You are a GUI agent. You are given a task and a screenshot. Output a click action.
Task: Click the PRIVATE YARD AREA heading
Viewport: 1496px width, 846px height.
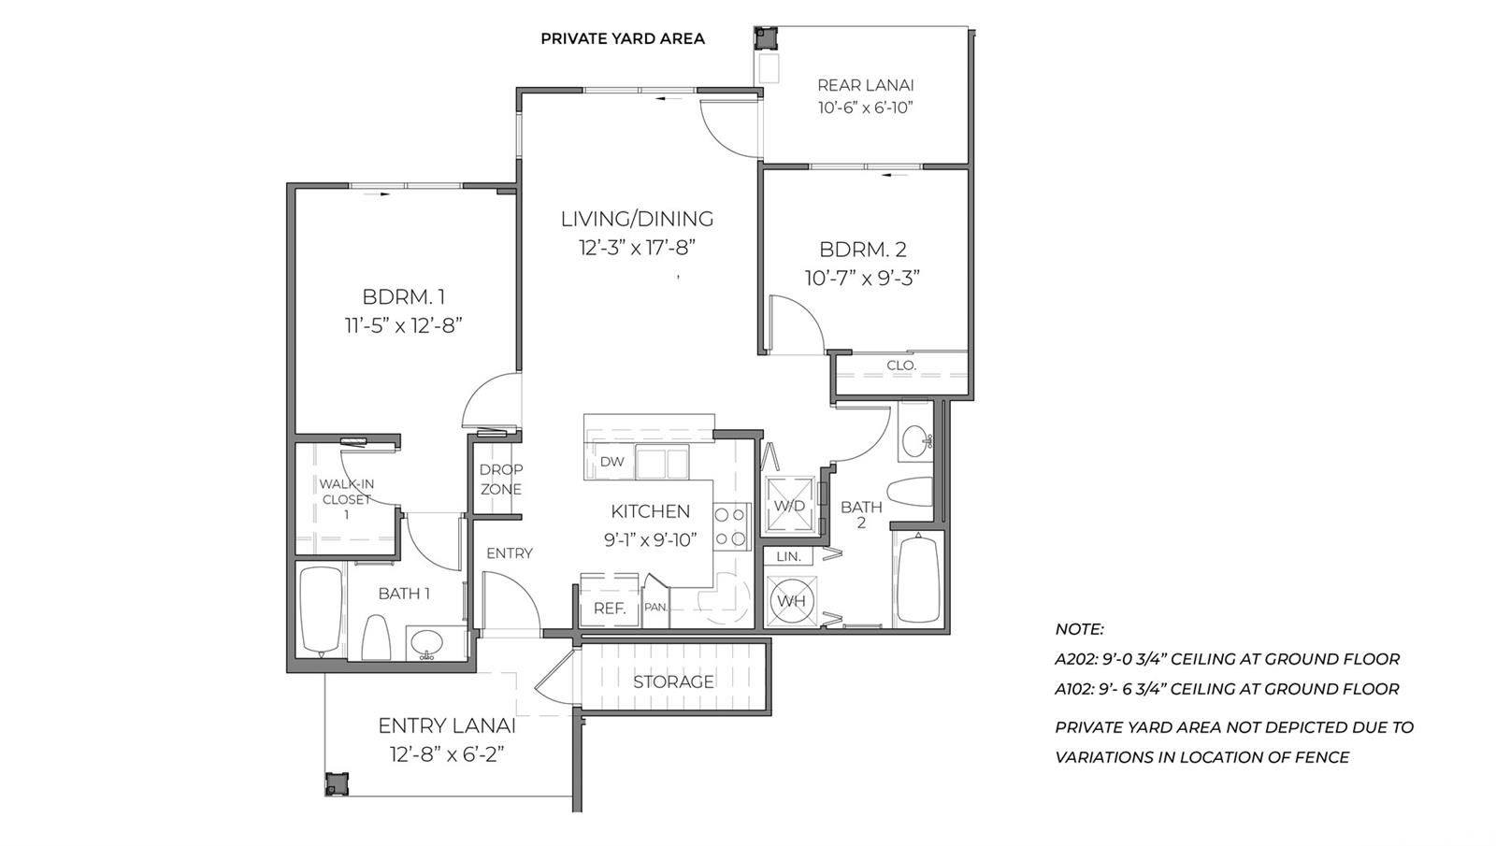pyautogui.click(x=623, y=38)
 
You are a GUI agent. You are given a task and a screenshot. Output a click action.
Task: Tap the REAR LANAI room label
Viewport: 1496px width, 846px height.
pyautogui.click(x=866, y=85)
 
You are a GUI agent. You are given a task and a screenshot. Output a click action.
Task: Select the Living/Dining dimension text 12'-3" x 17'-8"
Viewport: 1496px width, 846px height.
pyautogui.click(x=637, y=249)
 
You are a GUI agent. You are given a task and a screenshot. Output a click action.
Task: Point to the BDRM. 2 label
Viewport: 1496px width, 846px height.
pyautogui.click(x=863, y=250)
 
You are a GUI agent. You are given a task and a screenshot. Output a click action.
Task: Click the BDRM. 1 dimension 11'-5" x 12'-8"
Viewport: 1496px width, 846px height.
pyautogui.click(x=404, y=326)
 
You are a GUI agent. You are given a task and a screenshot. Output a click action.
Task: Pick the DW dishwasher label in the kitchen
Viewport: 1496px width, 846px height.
pyautogui.click(x=611, y=462)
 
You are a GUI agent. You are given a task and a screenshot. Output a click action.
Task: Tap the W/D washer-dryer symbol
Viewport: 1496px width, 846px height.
pyautogui.click(x=789, y=506)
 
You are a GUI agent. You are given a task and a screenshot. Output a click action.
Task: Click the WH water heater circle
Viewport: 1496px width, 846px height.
pyautogui.click(x=791, y=601)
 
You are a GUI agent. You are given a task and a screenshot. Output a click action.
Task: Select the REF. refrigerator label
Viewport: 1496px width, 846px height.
pyautogui.click(x=610, y=609)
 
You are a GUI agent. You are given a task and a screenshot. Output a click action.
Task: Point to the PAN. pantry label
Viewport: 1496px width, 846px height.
pyautogui.click(x=655, y=608)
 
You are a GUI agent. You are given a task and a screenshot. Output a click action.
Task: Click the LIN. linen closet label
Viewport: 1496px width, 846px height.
pyautogui.click(x=789, y=556)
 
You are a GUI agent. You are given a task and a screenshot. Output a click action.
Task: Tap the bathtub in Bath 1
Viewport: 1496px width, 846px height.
pyautogui.click(x=322, y=611)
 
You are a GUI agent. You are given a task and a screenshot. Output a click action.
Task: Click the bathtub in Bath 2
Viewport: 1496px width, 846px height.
pyautogui.click(x=919, y=580)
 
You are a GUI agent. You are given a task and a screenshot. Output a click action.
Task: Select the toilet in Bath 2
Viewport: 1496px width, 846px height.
pyautogui.click(x=911, y=492)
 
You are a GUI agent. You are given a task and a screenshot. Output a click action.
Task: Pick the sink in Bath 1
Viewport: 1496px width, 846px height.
pyautogui.click(x=426, y=644)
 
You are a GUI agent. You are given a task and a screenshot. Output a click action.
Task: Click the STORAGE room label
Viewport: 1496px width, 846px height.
pyautogui.click(x=673, y=681)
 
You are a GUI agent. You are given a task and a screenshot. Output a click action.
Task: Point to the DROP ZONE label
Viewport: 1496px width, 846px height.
pyautogui.click(x=501, y=480)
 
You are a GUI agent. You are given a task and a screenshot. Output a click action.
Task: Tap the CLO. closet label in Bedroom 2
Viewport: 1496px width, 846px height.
pyautogui.click(x=901, y=366)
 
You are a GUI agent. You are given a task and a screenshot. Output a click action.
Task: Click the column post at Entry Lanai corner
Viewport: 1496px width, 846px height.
pyautogui.click(x=337, y=784)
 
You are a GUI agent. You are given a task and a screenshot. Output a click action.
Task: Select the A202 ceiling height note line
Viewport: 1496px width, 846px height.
pyautogui.click(x=1227, y=659)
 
